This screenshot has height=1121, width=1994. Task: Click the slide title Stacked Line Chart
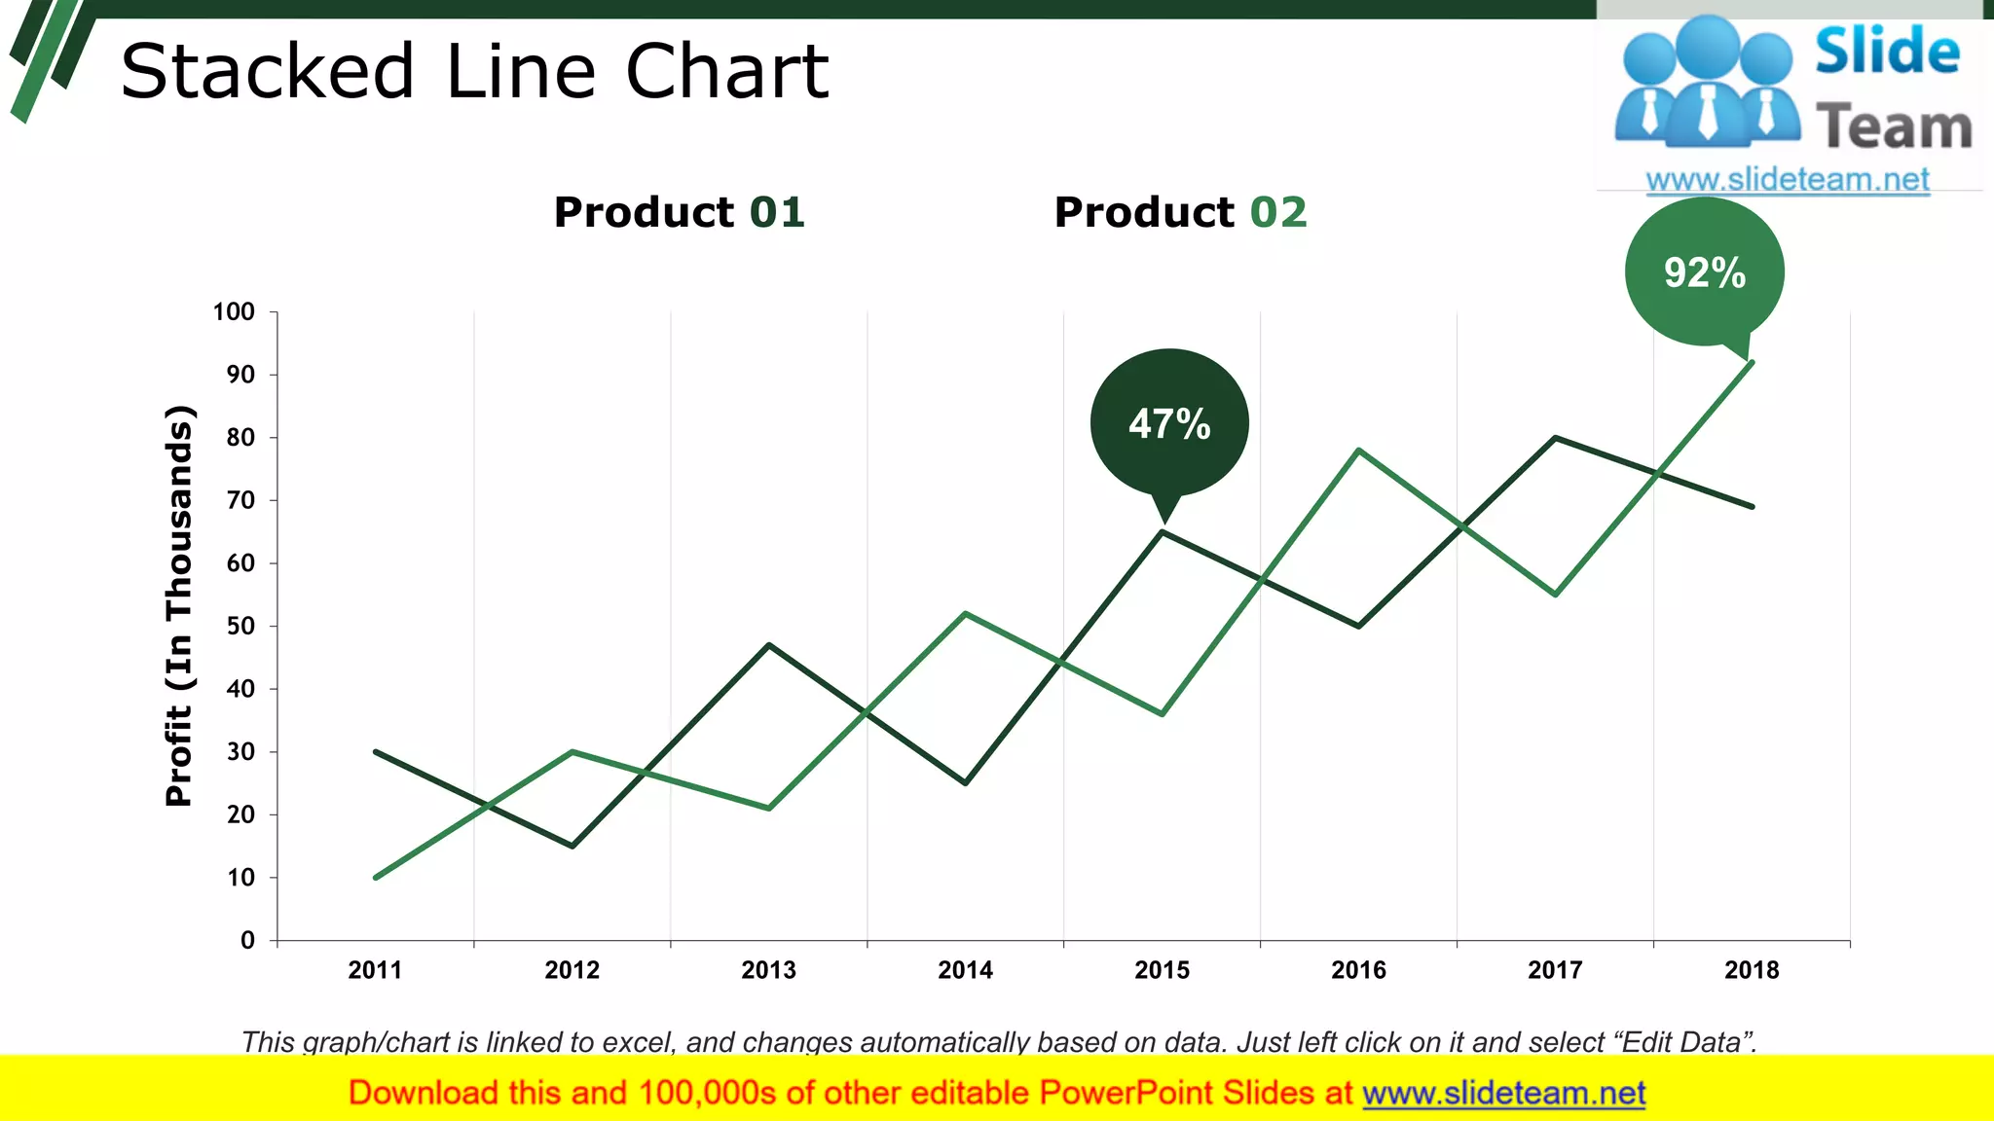pyautogui.click(x=474, y=72)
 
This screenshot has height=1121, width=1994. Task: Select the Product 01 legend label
pyautogui.click(x=679, y=212)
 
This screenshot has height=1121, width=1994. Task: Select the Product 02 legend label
pyautogui.click(x=1180, y=212)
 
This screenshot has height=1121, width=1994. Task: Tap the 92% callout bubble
pyautogui.click(x=1704, y=271)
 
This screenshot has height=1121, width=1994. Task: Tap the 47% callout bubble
pyautogui.click(x=1169, y=423)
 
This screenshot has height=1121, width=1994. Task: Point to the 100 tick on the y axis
pyautogui.click(x=234, y=312)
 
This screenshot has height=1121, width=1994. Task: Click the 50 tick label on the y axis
pyautogui.click(x=240, y=627)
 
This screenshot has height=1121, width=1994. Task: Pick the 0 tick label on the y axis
pyautogui.click(x=247, y=940)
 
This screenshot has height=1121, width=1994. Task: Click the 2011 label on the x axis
pyautogui.click(x=375, y=970)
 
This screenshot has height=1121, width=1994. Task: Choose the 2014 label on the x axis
pyautogui.click(x=965, y=970)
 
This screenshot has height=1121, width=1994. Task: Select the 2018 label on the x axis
pyautogui.click(x=1751, y=970)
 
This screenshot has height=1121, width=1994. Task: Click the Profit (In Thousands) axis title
pyautogui.click(x=179, y=605)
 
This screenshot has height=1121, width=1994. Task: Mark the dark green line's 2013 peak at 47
pyautogui.click(x=769, y=645)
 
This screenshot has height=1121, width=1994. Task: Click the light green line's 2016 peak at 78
pyautogui.click(x=1358, y=451)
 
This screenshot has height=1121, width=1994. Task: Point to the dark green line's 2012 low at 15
pyautogui.click(x=572, y=846)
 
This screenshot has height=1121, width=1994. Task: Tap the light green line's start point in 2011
pyautogui.click(x=377, y=877)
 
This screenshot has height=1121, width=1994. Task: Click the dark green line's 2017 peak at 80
pyautogui.click(x=1555, y=438)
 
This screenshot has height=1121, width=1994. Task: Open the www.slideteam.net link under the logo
pyautogui.click(x=1787, y=180)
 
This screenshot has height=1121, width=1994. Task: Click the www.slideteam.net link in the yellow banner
pyautogui.click(x=1503, y=1094)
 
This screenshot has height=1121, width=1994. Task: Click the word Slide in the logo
pyautogui.click(x=1886, y=52)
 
